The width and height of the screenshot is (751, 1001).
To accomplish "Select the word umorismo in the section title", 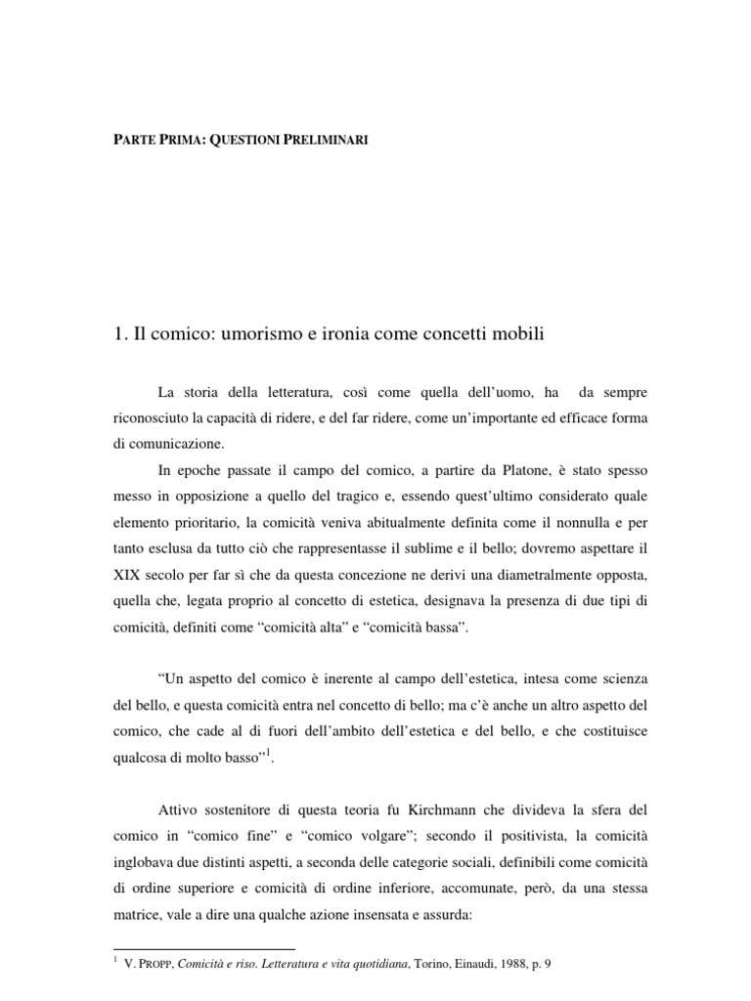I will (260, 334).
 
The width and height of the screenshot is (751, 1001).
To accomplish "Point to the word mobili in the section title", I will (516, 334).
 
